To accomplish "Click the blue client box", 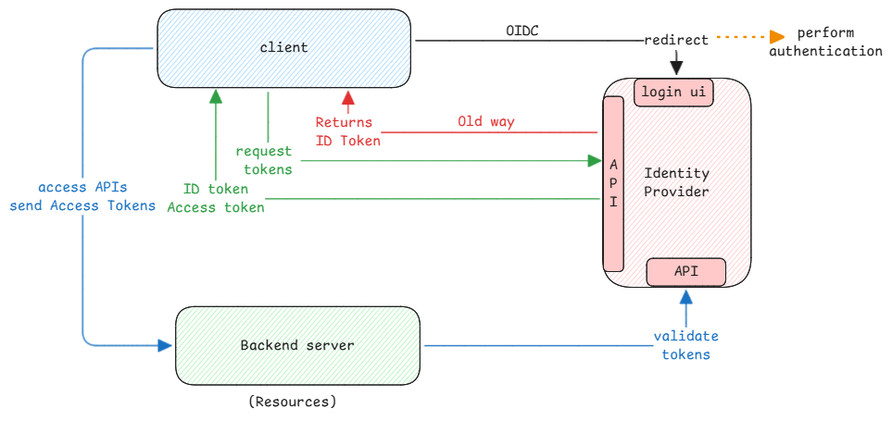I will pyautogui.click(x=283, y=47).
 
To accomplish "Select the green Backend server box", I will pyautogui.click(x=296, y=345).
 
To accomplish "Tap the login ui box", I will pyautogui.click(x=674, y=93).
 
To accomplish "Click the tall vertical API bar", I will pyautogui.click(x=613, y=184).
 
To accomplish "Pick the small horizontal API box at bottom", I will pyautogui.click(x=685, y=272).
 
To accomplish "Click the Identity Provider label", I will pyautogui.click(x=676, y=182).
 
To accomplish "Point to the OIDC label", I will pyautogui.click(x=522, y=31).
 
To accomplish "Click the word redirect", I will pyautogui.click(x=676, y=41).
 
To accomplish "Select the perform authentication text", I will pyautogui.click(x=825, y=42).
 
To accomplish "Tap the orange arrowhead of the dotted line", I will pyautogui.click(x=776, y=37).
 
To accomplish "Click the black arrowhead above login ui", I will pyautogui.click(x=676, y=68).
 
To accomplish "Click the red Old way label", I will pyautogui.click(x=485, y=121).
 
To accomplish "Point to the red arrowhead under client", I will pyautogui.click(x=348, y=97).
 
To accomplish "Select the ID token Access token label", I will pyautogui.click(x=215, y=198).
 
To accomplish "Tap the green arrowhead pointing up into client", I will pyautogui.click(x=215, y=96).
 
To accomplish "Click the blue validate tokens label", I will pyautogui.click(x=685, y=345).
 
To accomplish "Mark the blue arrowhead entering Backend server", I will pyautogui.click(x=165, y=345).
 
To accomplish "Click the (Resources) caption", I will pyautogui.click(x=293, y=402).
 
